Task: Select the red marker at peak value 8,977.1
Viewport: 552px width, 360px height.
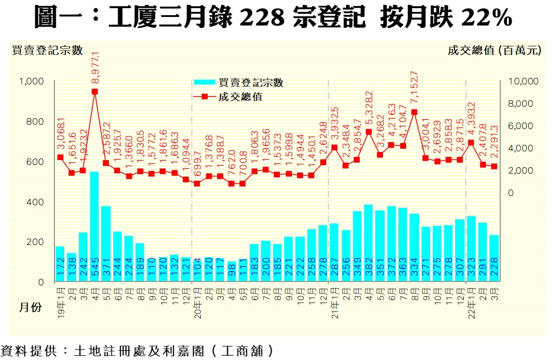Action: tap(94, 91)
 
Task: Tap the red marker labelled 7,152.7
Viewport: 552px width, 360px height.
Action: tap(414, 112)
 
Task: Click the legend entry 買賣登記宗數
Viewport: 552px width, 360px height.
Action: tap(250, 83)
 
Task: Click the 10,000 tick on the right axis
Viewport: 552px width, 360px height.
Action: tap(522, 81)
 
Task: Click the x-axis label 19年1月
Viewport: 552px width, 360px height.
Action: tap(60, 300)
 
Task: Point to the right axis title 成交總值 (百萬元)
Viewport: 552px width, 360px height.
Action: tap(494, 51)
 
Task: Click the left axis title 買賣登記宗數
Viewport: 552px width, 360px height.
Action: tap(47, 51)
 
